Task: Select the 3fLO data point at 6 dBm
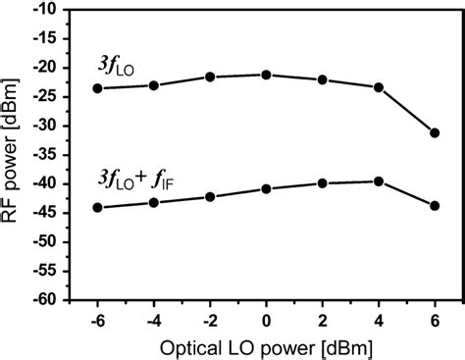coord(435,132)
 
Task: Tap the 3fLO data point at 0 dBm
coord(266,75)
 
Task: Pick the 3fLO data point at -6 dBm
coord(97,88)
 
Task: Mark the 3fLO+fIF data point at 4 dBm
coord(379,181)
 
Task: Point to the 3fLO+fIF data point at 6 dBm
coord(435,206)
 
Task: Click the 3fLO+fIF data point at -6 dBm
coord(97,207)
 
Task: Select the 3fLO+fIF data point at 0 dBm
coord(266,188)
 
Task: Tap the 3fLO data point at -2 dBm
coord(210,77)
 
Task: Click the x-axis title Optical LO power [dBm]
coord(266,347)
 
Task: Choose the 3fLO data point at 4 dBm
coord(379,87)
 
